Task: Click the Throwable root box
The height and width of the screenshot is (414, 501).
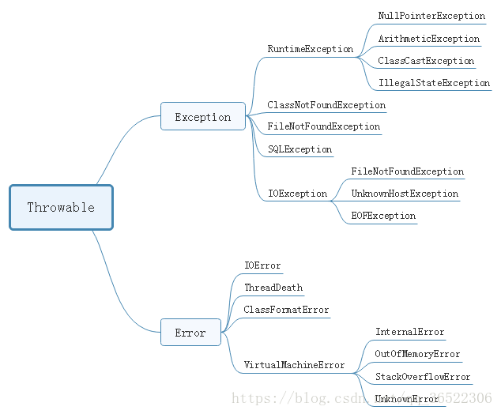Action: tap(61, 208)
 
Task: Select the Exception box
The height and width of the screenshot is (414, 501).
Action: tap(203, 117)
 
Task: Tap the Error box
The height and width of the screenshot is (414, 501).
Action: tap(190, 333)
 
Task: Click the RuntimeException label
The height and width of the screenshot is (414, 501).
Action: tap(310, 49)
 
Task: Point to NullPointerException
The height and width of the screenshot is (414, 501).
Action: tap(431, 16)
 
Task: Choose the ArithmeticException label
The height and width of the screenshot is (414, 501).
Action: tap(428, 39)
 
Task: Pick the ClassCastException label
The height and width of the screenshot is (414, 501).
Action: tap(426, 61)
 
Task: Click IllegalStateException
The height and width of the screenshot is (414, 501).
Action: tap(434, 83)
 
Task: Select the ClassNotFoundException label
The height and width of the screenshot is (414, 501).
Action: tap(326, 105)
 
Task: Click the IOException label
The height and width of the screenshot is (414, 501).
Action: tap(297, 194)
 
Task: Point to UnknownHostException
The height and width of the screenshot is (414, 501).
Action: tap(405, 194)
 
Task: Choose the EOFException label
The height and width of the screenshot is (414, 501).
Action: tap(383, 216)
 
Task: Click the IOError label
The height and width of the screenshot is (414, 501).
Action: tap(262, 265)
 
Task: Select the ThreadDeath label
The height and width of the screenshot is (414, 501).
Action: tap(273, 288)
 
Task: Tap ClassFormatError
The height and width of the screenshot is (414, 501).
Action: tap(286, 310)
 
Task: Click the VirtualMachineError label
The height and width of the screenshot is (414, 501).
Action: tap(294, 365)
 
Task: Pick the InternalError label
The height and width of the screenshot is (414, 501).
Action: tap(409, 333)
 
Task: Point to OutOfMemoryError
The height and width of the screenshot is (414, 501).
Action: tap(417, 355)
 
